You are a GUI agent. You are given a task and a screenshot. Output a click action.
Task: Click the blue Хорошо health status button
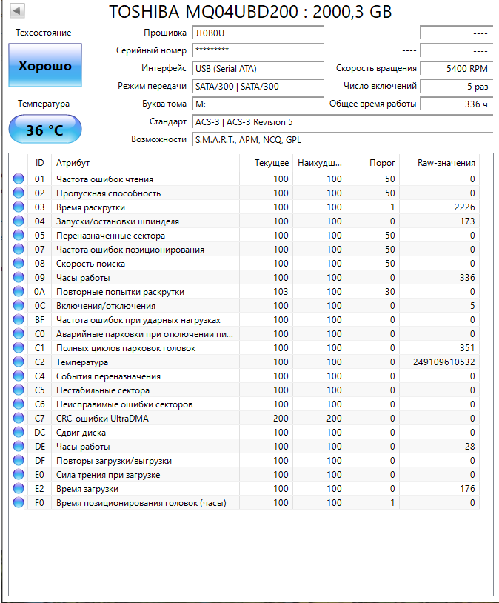click(x=45, y=66)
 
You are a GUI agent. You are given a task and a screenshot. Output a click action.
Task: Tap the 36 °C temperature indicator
click(x=45, y=130)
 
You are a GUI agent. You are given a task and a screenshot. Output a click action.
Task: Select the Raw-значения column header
click(x=446, y=163)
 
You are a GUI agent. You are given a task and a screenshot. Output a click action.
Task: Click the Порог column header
click(x=382, y=163)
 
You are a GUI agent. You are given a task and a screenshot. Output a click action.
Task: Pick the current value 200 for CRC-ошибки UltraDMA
click(x=281, y=419)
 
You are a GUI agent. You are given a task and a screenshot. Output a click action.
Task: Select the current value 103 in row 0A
click(x=281, y=292)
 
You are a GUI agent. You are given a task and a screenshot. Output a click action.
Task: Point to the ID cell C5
click(x=39, y=390)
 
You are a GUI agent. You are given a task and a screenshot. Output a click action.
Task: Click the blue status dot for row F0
click(x=19, y=503)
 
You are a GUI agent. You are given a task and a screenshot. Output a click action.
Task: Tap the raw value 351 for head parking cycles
click(x=466, y=348)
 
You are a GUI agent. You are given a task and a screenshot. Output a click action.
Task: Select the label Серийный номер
click(x=151, y=50)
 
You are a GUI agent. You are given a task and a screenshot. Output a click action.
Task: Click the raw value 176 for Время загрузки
click(x=466, y=489)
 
